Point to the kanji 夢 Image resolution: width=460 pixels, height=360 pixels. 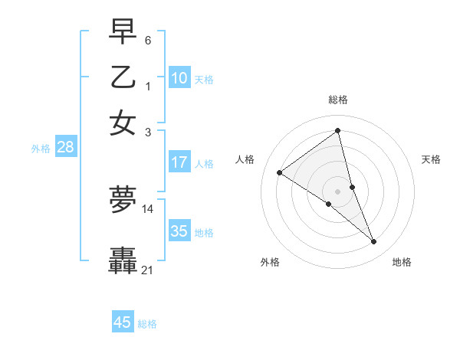click(x=123, y=201)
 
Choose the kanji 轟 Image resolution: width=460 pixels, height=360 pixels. click(x=123, y=260)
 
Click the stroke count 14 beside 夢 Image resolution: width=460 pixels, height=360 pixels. click(x=148, y=208)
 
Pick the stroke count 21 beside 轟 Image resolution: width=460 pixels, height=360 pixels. click(x=148, y=270)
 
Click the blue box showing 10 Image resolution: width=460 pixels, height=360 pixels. click(x=179, y=78)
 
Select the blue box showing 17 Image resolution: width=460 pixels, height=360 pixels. click(x=179, y=162)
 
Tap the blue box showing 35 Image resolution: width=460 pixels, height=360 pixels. click(x=179, y=231)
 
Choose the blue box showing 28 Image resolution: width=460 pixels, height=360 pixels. click(x=65, y=148)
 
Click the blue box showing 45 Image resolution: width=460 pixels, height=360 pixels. click(x=123, y=322)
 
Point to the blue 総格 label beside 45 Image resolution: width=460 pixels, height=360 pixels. click(x=147, y=324)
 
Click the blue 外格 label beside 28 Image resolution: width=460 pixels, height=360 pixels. click(x=41, y=149)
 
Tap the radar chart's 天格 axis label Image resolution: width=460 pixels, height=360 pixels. click(x=431, y=159)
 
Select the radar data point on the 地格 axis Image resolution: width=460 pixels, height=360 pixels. click(x=374, y=242)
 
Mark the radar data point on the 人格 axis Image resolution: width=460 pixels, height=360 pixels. click(x=279, y=172)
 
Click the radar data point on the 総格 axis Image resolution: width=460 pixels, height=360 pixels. click(x=337, y=130)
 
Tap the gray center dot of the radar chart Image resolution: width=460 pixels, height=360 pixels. click(x=337, y=191)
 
